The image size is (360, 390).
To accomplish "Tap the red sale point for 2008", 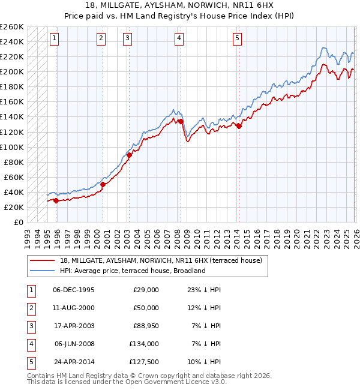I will (181, 121).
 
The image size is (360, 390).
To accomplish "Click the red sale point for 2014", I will (239, 126).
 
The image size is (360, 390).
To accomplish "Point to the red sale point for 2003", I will (129, 155).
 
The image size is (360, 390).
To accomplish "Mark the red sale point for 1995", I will (56, 200).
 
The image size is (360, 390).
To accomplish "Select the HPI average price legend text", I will (133, 271).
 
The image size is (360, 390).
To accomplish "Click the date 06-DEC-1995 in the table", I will (73, 290).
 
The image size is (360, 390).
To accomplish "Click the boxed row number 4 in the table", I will (31, 344).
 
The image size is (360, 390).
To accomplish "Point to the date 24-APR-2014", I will (73, 362).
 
